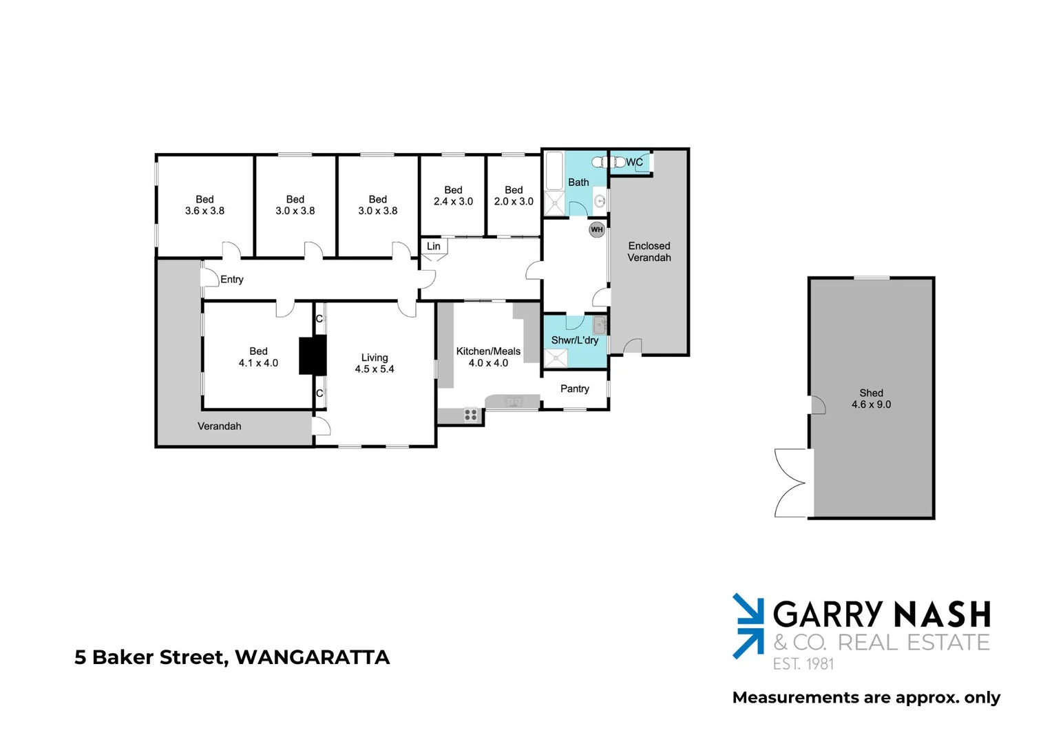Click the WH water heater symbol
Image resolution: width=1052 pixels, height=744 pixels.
[596, 229]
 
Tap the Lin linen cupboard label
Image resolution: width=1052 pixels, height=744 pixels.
[434, 246]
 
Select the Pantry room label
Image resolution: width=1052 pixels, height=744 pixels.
[575, 389]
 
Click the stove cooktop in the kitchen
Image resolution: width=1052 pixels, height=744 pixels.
[471, 415]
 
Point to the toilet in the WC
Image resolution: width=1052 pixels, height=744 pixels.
[607, 163]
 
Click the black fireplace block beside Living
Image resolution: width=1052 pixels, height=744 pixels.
[313, 355]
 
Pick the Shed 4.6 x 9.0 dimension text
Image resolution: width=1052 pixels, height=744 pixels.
[871, 404]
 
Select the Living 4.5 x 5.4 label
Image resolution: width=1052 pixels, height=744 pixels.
[375, 363]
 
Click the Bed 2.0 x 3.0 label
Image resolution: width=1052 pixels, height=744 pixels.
[514, 196]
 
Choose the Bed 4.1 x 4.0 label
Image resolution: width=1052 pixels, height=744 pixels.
[258, 357]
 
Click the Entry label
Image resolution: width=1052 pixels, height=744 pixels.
[232, 279]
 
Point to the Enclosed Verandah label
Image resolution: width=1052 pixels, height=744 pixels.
[649, 251]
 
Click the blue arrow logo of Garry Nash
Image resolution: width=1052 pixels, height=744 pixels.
[748, 626]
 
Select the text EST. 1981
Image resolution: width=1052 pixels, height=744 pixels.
[803, 664]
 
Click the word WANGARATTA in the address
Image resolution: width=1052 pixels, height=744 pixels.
[313, 657]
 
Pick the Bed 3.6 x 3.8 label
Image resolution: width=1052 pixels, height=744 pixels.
[204, 205]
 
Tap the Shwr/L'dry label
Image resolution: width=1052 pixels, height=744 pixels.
[575, 340]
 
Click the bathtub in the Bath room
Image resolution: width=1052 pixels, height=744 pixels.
[554, 171]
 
